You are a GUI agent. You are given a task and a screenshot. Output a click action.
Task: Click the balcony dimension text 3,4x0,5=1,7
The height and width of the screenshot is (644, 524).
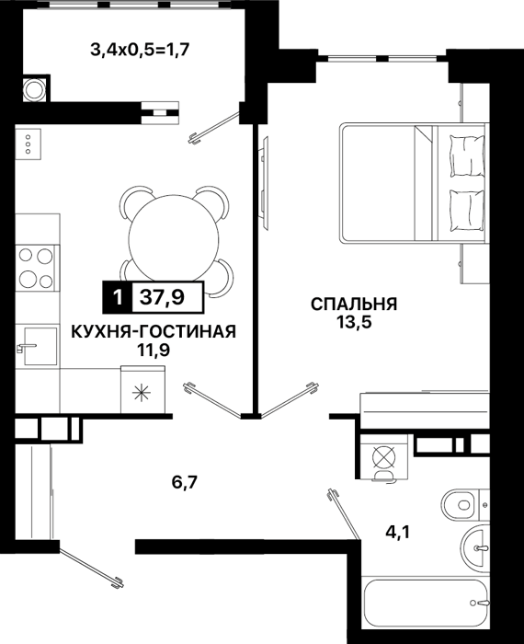coord(140,51)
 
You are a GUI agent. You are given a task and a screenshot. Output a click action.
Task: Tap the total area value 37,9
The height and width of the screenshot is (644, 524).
coord(162,297)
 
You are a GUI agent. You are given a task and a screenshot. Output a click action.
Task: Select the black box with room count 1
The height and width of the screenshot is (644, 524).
coord(118,297)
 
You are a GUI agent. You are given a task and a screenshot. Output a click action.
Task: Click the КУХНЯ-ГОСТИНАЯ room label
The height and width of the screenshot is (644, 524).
coord(154,331)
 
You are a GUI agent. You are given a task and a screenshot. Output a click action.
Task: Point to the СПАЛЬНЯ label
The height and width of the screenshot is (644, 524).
coord(354,305)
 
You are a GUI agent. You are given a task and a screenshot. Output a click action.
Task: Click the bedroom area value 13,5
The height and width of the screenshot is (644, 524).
coord(354,322)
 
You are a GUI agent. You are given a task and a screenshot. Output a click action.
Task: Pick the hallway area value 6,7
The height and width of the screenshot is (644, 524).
coord(185,482)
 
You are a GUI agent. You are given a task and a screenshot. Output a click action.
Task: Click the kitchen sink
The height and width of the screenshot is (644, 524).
coord(40,346)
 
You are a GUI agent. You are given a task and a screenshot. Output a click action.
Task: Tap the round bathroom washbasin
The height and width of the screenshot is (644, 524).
coord(474,547)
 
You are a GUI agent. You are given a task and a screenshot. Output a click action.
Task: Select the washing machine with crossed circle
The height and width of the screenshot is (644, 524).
coord(384,457)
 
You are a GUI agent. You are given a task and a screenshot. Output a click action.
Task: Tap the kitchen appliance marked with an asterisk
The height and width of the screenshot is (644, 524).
coord(142,389)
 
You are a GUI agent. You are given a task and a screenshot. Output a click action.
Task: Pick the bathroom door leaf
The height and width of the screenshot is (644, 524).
coord(344,513)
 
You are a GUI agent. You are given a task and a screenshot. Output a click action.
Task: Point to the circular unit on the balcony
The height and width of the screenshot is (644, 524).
coord(34,89)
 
